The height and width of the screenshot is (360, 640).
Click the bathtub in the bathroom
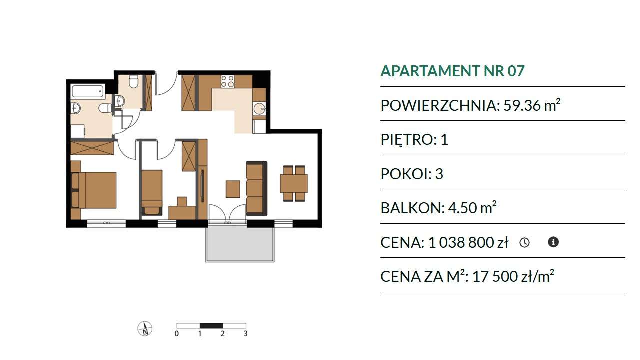pyautogui.click(x=87, y=91)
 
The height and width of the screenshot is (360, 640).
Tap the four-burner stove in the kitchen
pyautogui.click(x=228, y=81)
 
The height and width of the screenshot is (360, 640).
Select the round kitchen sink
pyautogui.click(x=259, y=109)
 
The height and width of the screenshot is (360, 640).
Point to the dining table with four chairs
pyautogui.click(x=294, y=183)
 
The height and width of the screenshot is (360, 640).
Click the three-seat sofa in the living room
pyautogui.click(x=257, y=188)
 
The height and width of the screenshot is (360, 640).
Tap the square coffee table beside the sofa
pyautogui.click(x=233, y=189)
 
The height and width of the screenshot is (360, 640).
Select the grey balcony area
pyautogui.click(x=240, y=244)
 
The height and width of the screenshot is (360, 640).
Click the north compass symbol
pyautogui.click(x=145, y=329)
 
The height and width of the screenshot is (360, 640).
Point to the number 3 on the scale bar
pyautogui.click(x=245, y=333)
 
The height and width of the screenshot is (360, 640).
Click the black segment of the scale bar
pyautogui.click(x=211, y=326)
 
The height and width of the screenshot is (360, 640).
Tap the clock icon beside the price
pyautogui.click(x=524, y=243)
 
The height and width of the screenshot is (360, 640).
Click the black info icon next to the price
pyautogui.click(x=553, y=242)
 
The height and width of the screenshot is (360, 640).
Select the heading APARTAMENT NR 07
pyautogui.click(x=453, y=71)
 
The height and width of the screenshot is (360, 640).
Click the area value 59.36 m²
pyautogui.click(x=532, y=105)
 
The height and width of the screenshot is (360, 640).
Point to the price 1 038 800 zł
pyautogui.click(x=468, y=243)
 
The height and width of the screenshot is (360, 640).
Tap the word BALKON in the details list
pyautogui.click(x=413, y=208)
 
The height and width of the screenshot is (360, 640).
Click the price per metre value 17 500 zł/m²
pyautogui.click(x=513, y=276)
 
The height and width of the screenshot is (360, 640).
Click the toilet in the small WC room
pyautogui.click(x=133, y=81)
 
